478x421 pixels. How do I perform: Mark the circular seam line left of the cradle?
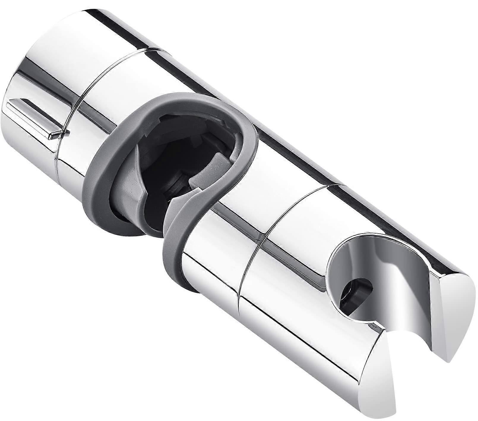(x=249, y=258)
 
